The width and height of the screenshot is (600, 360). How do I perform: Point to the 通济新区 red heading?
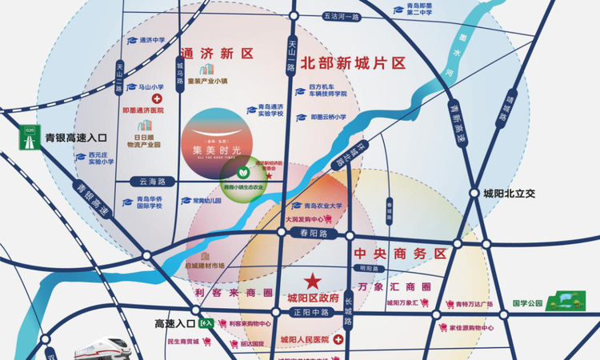coord(214,54)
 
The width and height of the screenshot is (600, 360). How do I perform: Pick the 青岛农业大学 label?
coord(318,206)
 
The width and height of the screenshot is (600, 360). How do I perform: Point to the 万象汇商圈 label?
coord(394,286)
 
